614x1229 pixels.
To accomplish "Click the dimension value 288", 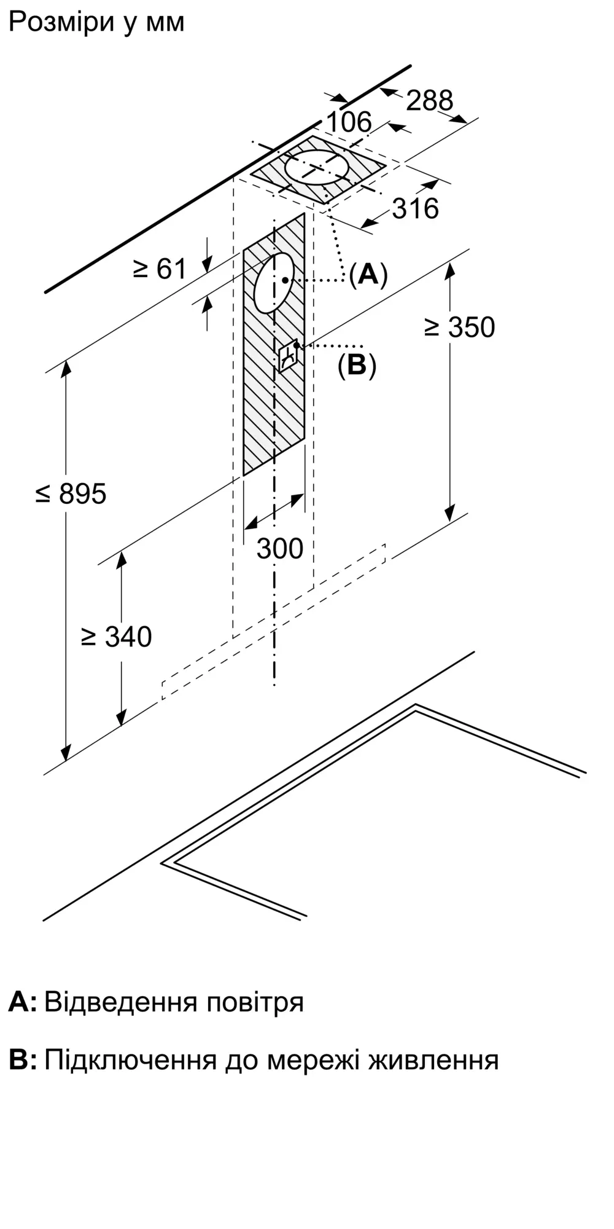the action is click(429, 100).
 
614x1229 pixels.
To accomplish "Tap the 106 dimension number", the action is click(349, 122).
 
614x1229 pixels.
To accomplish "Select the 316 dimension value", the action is click(416, 209).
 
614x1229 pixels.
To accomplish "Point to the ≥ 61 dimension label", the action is click(160, 269).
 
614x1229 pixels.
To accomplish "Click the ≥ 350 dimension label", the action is click(459, 328).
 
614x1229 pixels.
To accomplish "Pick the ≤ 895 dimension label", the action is click(71, 494).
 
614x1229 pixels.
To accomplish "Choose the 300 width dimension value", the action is click(280, 549).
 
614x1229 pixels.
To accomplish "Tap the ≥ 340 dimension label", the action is click(117, 637).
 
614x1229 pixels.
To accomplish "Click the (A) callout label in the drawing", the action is click(368, 274).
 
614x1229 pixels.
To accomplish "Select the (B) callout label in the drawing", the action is click(357, 366).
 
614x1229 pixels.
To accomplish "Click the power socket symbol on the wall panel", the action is click(289, 355).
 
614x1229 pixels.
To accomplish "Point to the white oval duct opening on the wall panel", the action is click(274, 282).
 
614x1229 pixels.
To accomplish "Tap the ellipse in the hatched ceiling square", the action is click(317, 167).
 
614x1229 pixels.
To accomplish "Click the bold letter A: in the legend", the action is click(23, 1002).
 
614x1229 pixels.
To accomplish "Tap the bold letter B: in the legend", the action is click(23, 1061).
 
